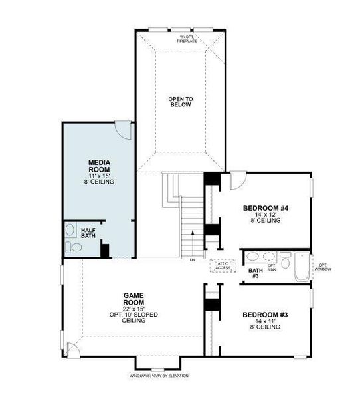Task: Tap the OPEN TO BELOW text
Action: [180, 102]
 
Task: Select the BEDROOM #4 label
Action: [265, 208]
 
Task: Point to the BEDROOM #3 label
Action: [265, 314]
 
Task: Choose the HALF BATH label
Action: [88, 233]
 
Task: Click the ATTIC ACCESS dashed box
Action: [223, 265]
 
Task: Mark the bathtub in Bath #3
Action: [300, 269]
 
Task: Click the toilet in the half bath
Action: [75, 248]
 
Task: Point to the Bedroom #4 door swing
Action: [236, 181]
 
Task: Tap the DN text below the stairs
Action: [192, 260]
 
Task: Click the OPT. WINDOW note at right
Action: [323, 267]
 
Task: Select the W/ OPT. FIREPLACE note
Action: [187, 39]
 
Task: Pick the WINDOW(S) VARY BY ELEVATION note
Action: [159, 376]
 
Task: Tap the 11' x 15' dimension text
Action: [99, 175]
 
